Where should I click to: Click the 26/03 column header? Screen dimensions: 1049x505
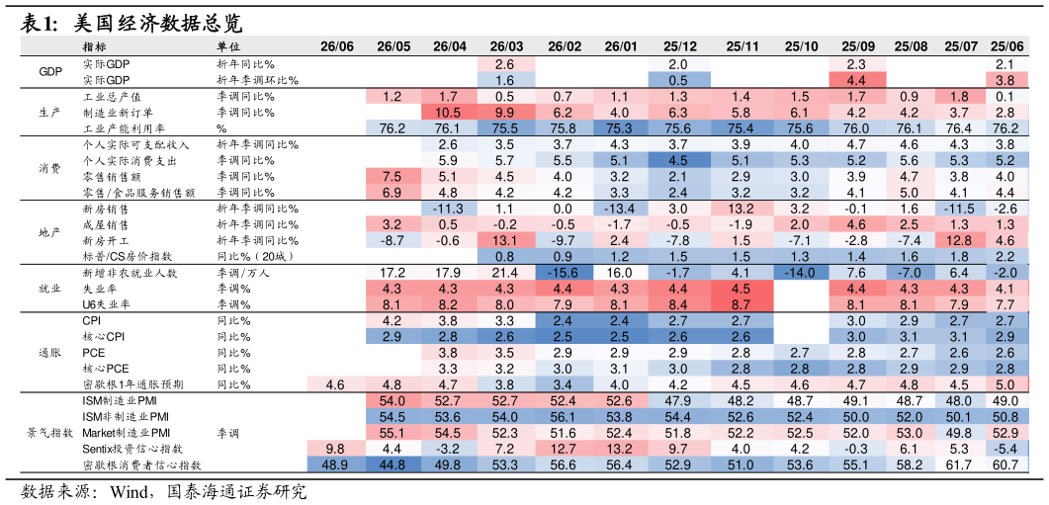click(x=506, y=46)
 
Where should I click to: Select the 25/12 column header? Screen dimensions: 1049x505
click(x=680, y=46)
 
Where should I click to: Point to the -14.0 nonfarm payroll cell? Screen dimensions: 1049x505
click(x=800, y=273)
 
